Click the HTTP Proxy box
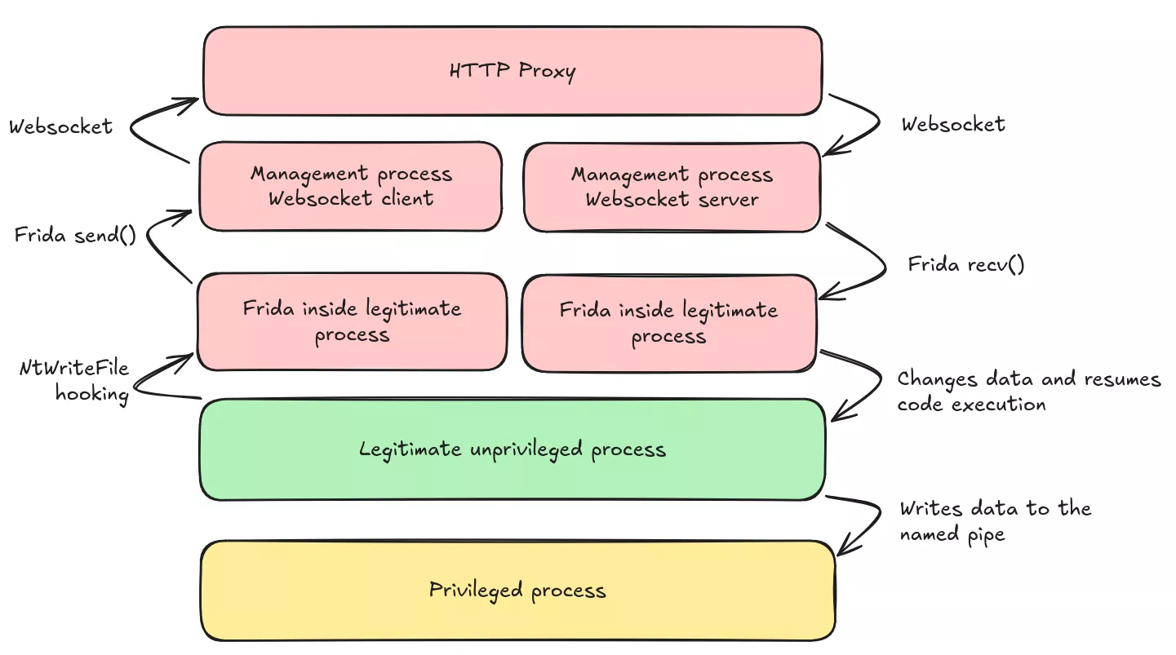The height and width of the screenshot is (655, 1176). [513, 71]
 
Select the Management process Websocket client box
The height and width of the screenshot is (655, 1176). [350, 186]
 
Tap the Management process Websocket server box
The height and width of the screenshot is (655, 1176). [671, 187]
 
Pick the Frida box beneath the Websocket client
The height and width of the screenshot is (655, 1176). [352, 321]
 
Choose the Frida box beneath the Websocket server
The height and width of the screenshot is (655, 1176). [668, 323]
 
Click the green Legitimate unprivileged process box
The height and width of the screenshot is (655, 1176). [513, 449]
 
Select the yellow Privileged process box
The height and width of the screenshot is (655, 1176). [517, 591]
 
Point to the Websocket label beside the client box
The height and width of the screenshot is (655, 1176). [60, 127]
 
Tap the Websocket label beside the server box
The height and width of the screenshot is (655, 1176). [953, 124]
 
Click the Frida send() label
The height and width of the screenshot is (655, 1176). [75, 236]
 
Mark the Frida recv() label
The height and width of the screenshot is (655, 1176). [965, 264]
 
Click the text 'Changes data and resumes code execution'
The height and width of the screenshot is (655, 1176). [1028, 392]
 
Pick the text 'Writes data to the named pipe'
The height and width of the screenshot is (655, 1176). [995, 521]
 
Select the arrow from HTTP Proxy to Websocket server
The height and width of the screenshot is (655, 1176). [873, 122]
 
